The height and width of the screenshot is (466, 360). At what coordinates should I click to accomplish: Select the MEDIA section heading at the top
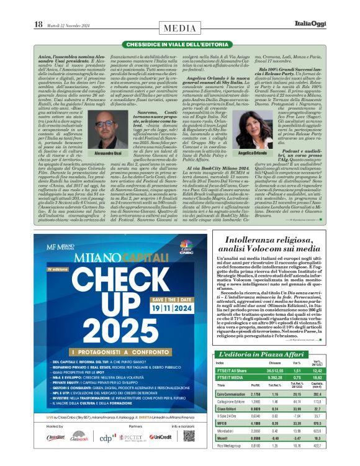(180, 29)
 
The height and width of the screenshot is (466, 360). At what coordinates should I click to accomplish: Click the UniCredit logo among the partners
(161, 437)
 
